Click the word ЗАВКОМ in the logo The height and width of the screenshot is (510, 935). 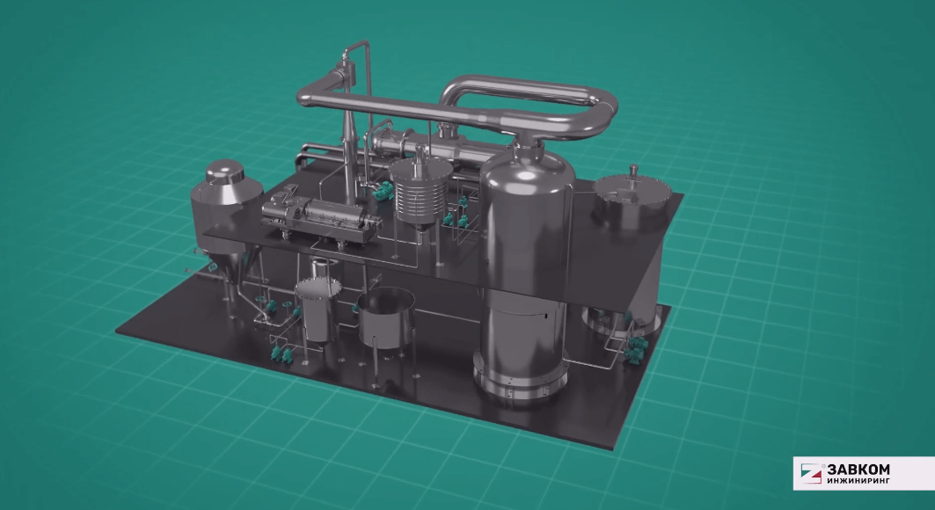pyautogui.click(x=858, y=470)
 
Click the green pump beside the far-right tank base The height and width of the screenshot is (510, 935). pyautogui.click(x=632, y=352)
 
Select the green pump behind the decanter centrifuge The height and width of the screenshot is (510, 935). pyautogui.click(x=383, y=188)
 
